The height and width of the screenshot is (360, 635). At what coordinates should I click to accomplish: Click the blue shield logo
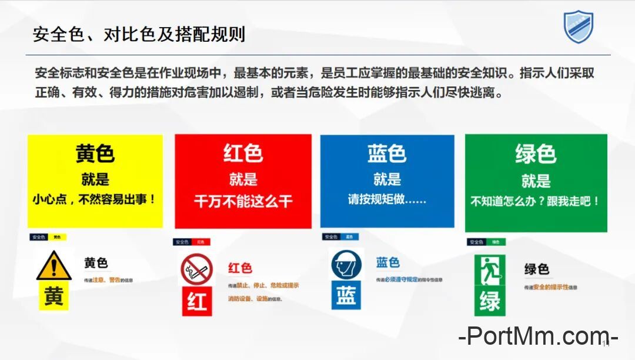click(579, 27)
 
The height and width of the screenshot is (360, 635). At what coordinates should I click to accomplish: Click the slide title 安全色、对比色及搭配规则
click(139, 34)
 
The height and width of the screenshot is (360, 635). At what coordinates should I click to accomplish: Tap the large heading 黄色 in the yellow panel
click(95, 154)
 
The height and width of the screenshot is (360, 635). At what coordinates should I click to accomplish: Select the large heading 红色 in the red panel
click(243, 154)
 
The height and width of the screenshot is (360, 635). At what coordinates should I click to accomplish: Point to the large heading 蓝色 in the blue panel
click(387, 154)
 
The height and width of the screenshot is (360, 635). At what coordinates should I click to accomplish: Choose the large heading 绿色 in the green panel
click(536, 154)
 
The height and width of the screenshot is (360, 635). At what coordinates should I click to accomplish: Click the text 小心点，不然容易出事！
click(95, 199)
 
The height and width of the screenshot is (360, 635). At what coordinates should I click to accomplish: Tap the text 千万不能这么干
click(243, 201)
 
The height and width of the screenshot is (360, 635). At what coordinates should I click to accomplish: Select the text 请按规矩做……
click(387, 199)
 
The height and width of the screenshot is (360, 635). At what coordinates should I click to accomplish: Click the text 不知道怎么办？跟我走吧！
click(536, 201)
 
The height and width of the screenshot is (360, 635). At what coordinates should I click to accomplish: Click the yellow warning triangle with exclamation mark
click(54, 266)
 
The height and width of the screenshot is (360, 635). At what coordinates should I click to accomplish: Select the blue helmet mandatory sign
click(346, 265)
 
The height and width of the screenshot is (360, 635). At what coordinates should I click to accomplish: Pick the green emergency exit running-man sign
click(489, 271)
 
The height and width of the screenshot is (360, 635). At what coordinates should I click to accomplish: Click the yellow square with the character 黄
click(54, 295)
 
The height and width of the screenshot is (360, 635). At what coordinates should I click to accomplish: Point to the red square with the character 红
click(196, 301)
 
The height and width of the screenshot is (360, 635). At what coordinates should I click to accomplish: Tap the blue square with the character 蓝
click(346, 295)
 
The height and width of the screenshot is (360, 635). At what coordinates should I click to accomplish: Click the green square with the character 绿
click(489, 301)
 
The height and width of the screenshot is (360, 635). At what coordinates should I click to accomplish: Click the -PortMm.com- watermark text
click(537, 337)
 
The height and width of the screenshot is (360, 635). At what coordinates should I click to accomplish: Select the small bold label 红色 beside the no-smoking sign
click(240, 268)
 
